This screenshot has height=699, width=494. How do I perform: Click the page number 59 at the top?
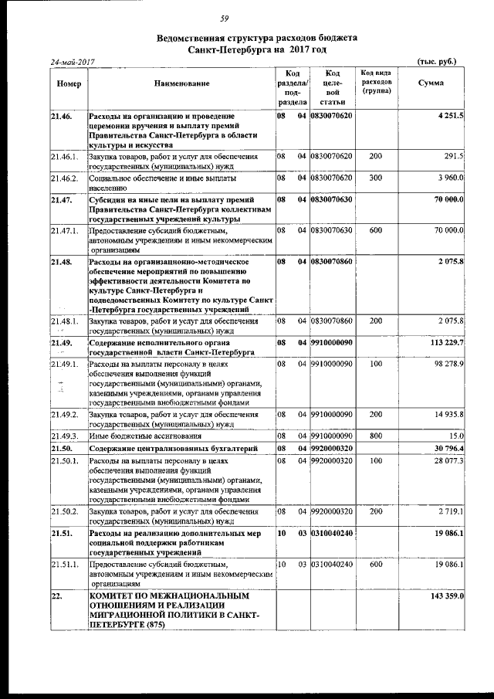[x=246, y=19]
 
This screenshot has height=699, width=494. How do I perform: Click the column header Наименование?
[x=181, y=83]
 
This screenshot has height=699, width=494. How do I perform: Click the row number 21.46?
[x=62, y=116]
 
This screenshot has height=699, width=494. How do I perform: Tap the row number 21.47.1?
[x=65, y=230]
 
